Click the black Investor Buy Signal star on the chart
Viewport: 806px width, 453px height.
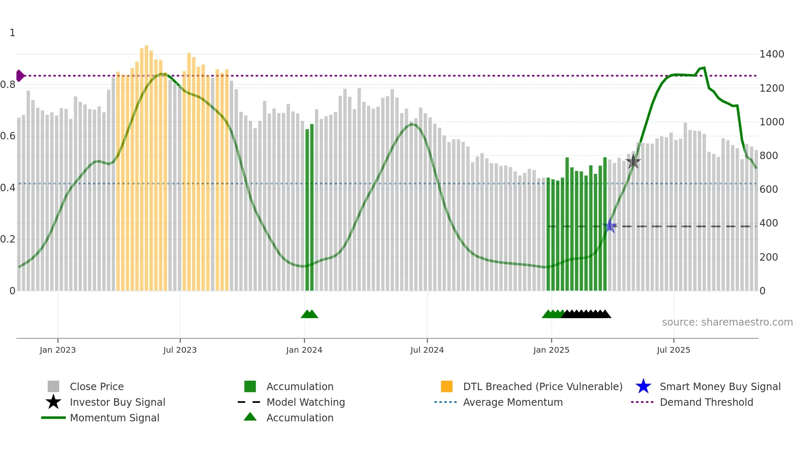point(633,162)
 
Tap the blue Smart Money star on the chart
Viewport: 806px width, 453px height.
point(610,226)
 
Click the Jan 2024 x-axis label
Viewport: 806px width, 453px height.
point(304,350)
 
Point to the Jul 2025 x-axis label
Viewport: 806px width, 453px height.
point(673,350)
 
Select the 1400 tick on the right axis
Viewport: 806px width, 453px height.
point(771,54)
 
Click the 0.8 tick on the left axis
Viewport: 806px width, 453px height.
point(8,85)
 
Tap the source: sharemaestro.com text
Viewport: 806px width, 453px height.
point(727,322)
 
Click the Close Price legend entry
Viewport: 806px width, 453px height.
point(96,386)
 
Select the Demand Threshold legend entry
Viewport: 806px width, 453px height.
point(706,402)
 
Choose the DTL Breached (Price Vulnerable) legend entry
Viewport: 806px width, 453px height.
point(542,386)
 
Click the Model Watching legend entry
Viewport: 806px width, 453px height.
point(305,402)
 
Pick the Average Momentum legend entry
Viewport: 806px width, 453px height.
point(512,402)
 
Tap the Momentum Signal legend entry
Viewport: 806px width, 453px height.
point(114,418)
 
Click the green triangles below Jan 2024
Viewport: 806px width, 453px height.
point(309,314)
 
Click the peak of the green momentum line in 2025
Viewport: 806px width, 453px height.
point(704,68)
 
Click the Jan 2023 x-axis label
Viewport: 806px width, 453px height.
point(58,350)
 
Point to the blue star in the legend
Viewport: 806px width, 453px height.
point(643,386)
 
